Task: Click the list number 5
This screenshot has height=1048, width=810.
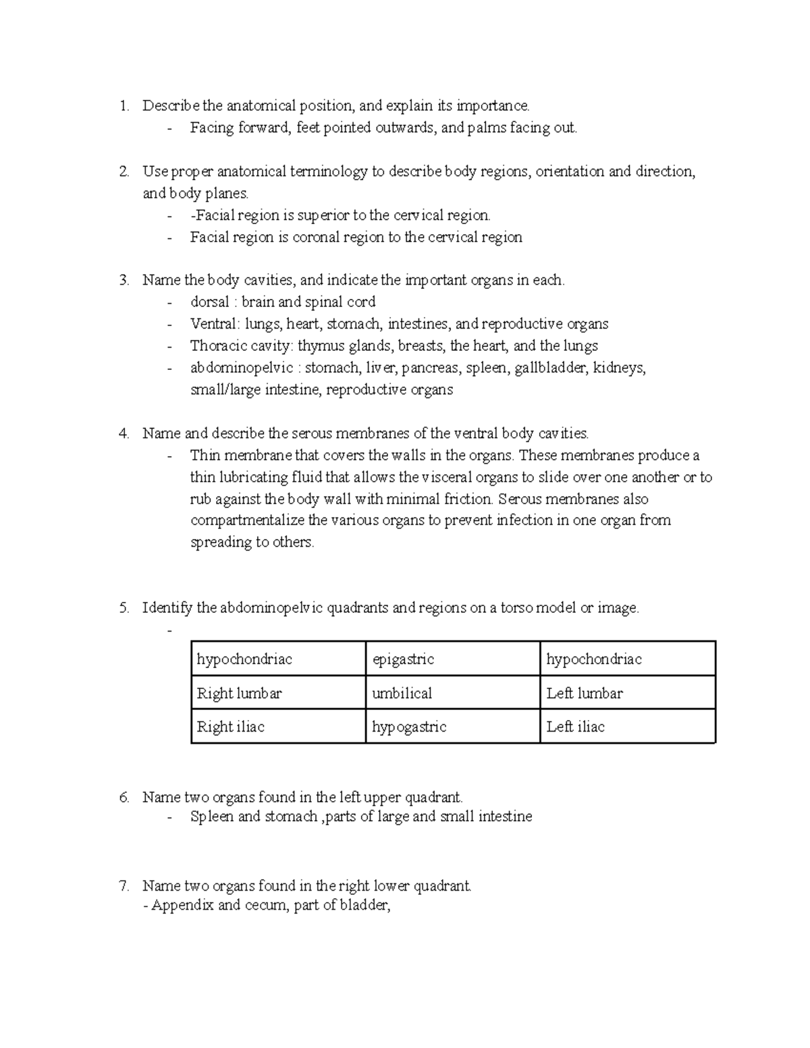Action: coord(124,608)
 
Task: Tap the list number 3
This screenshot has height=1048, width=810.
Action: coord(124,280)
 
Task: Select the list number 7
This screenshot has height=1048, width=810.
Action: coord(124,885)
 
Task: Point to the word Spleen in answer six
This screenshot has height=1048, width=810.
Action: coord(212,817)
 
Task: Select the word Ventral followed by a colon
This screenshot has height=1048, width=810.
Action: coord(213,324)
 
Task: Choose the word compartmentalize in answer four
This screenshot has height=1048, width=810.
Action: coord(248,520)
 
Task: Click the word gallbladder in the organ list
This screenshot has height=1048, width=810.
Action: coord(550,368)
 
